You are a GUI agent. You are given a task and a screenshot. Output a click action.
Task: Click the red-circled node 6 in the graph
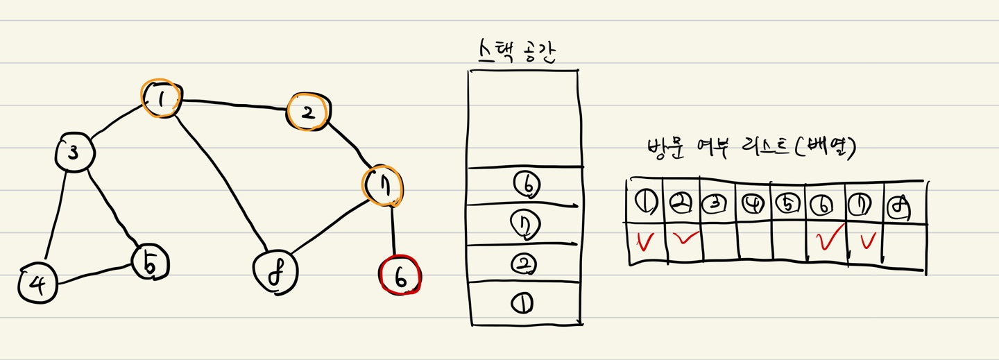(x=401, y=276)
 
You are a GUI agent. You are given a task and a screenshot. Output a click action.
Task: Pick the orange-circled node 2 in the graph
(x=309, y=114)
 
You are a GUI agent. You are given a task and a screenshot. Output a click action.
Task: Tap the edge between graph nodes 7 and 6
(x=393, y=232)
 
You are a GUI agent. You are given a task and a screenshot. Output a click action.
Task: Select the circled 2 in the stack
(x=522, y=264)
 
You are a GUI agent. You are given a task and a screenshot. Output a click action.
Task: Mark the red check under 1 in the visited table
(x=644, y=241)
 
